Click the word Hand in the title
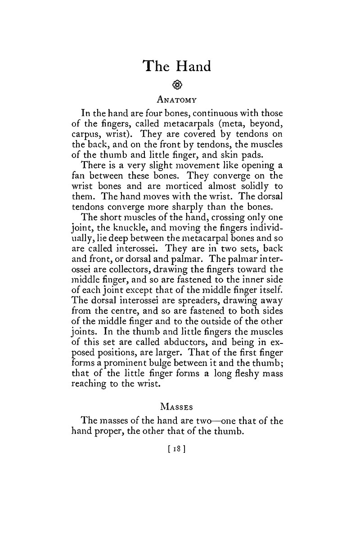(x=193, y=66)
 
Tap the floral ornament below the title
(x=177, y=84)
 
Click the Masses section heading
(x=176, y=407)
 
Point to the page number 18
(x=177, y=448)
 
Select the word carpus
(x=86, y=135)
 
